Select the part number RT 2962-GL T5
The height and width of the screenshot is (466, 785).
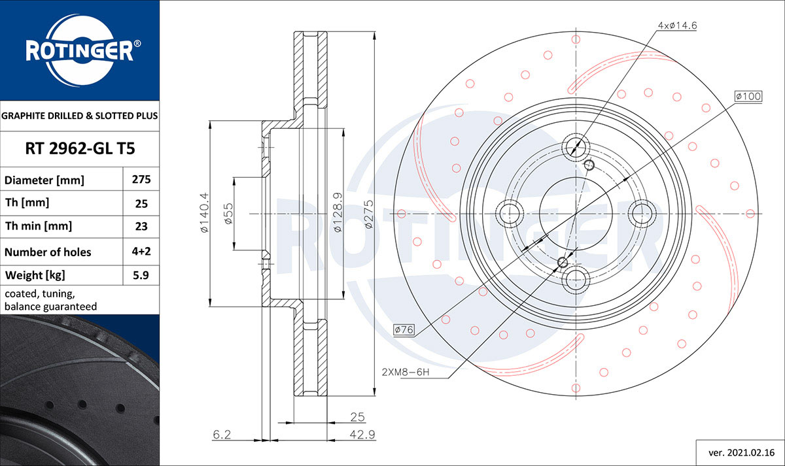click(x=80, y=149)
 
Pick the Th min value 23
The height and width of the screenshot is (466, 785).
click(x=141, y=227)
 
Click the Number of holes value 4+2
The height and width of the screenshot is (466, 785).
click(x=141, y=252)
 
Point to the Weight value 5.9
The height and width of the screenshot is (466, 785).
click(x=141, y=275)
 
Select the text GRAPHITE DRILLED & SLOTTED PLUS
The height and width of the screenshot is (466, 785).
click(x=80, y=116)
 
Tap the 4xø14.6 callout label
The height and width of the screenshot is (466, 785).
click(x=678, y=25)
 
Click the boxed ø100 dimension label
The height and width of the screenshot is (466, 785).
click(x=748, y=97)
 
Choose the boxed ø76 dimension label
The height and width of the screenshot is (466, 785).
click(x=404, y=330)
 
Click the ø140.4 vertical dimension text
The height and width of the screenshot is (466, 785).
click(x=203, y=213)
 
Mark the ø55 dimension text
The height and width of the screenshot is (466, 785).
click(x=228, y=214)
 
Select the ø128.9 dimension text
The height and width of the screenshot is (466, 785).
click(x=338, y=213)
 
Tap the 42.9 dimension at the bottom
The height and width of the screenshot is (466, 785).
click(x=357, y=434)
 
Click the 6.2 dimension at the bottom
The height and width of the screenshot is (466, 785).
click(x=222, y=434)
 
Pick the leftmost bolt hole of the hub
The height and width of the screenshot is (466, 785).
click(x=510, y=213)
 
